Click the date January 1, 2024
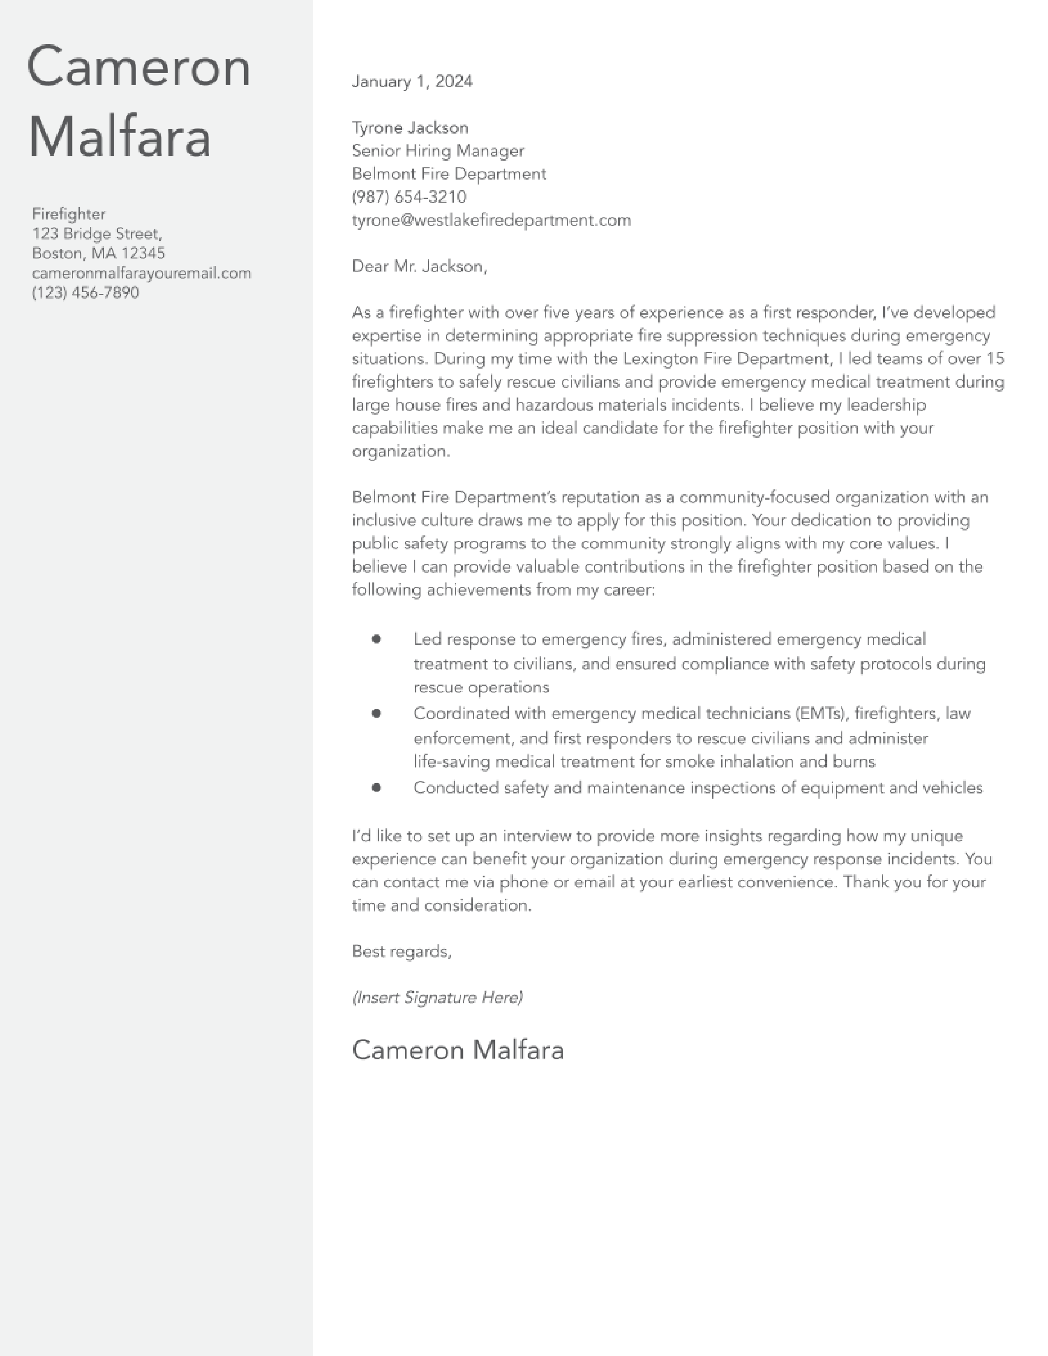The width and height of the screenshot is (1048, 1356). (x=412, y=81)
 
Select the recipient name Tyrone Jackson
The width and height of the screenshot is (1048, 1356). (x=410, y=128)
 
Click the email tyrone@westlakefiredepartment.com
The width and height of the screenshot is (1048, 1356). (x=491, y=220)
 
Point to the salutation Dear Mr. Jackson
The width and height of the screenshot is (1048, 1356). (x=419, y=266)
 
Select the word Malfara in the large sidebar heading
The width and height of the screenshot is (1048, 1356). (x=120, y=138)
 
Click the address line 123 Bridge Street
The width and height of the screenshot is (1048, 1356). (x=97, y=234)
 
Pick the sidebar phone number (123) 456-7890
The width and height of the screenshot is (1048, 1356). (x=85, y=293)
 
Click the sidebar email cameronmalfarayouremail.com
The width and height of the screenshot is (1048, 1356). (x=141, y=273)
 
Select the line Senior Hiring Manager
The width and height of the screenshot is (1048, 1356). (x=438, y=151)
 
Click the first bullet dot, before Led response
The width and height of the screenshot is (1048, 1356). (x=376, y=639)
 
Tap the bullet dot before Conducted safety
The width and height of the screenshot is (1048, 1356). (x=376, y=787)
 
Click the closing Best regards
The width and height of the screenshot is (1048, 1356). (x=401, y=951)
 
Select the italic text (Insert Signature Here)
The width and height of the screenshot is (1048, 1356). (x=437, y=997)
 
